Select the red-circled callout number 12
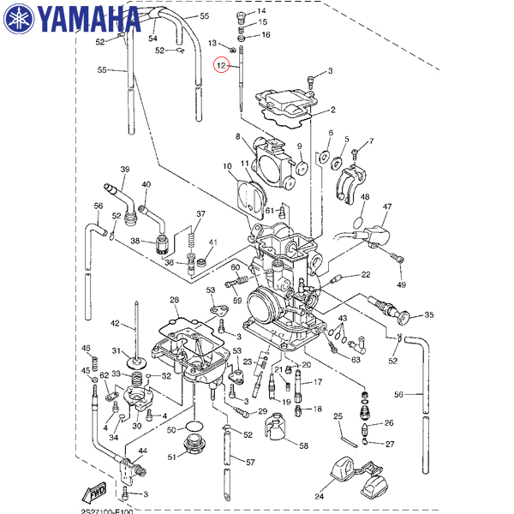[x=222, y=66]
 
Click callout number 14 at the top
[x=261, y=10]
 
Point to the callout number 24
[x=320, y=496]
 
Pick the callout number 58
[x=303, y=445]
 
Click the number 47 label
[x=387, y=207]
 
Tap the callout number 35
[x=429, y=315]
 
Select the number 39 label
[x=125, y=170]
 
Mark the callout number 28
[x=174, y=301]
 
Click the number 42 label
[x=116, y=323]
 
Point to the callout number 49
[x=401, y=284]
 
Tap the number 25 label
[x=338, y=416]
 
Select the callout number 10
[x=228, y=165]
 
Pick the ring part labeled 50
[x=194, y=428]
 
